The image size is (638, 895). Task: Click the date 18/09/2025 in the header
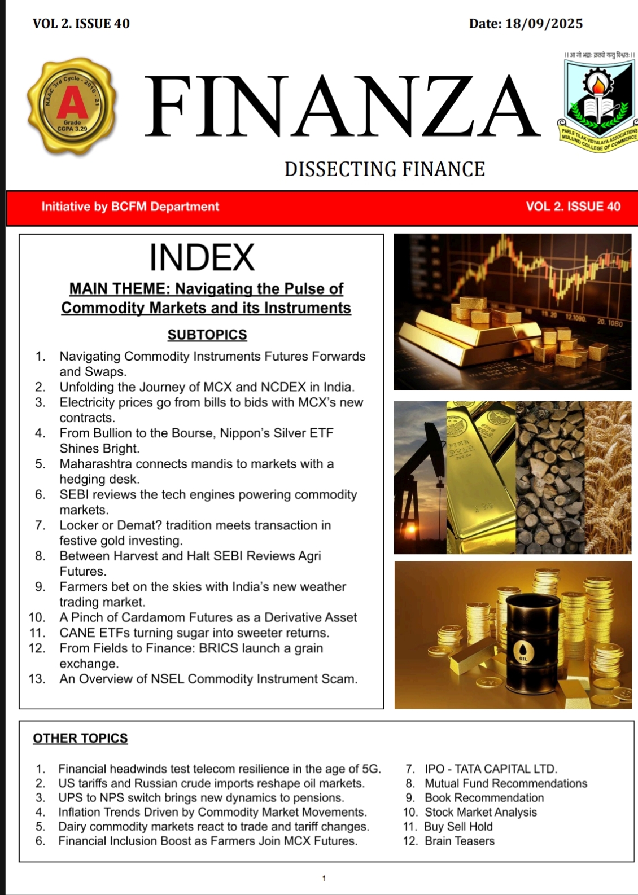(544, 24)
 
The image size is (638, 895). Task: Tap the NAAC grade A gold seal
(72, 106)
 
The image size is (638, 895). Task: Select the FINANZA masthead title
(342, 107)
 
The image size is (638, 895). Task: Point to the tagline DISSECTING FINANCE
(384, 169)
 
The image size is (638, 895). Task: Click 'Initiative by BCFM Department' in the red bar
(130, 207)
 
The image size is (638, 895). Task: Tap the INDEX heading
(202, 257)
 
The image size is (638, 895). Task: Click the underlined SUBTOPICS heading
(207, 335)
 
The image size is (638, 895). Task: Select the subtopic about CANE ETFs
(194, 633)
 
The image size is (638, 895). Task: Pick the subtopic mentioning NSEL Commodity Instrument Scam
(208, 679)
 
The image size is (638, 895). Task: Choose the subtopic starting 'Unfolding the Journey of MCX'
(207, 387)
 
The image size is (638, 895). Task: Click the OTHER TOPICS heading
(80, 738)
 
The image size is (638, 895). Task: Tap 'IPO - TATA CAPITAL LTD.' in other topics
(491, 769)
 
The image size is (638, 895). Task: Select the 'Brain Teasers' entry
(459, 841)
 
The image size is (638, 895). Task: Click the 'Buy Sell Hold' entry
(458, 827)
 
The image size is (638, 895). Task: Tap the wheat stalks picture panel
(608, 477)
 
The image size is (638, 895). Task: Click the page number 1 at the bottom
(324, 878)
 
